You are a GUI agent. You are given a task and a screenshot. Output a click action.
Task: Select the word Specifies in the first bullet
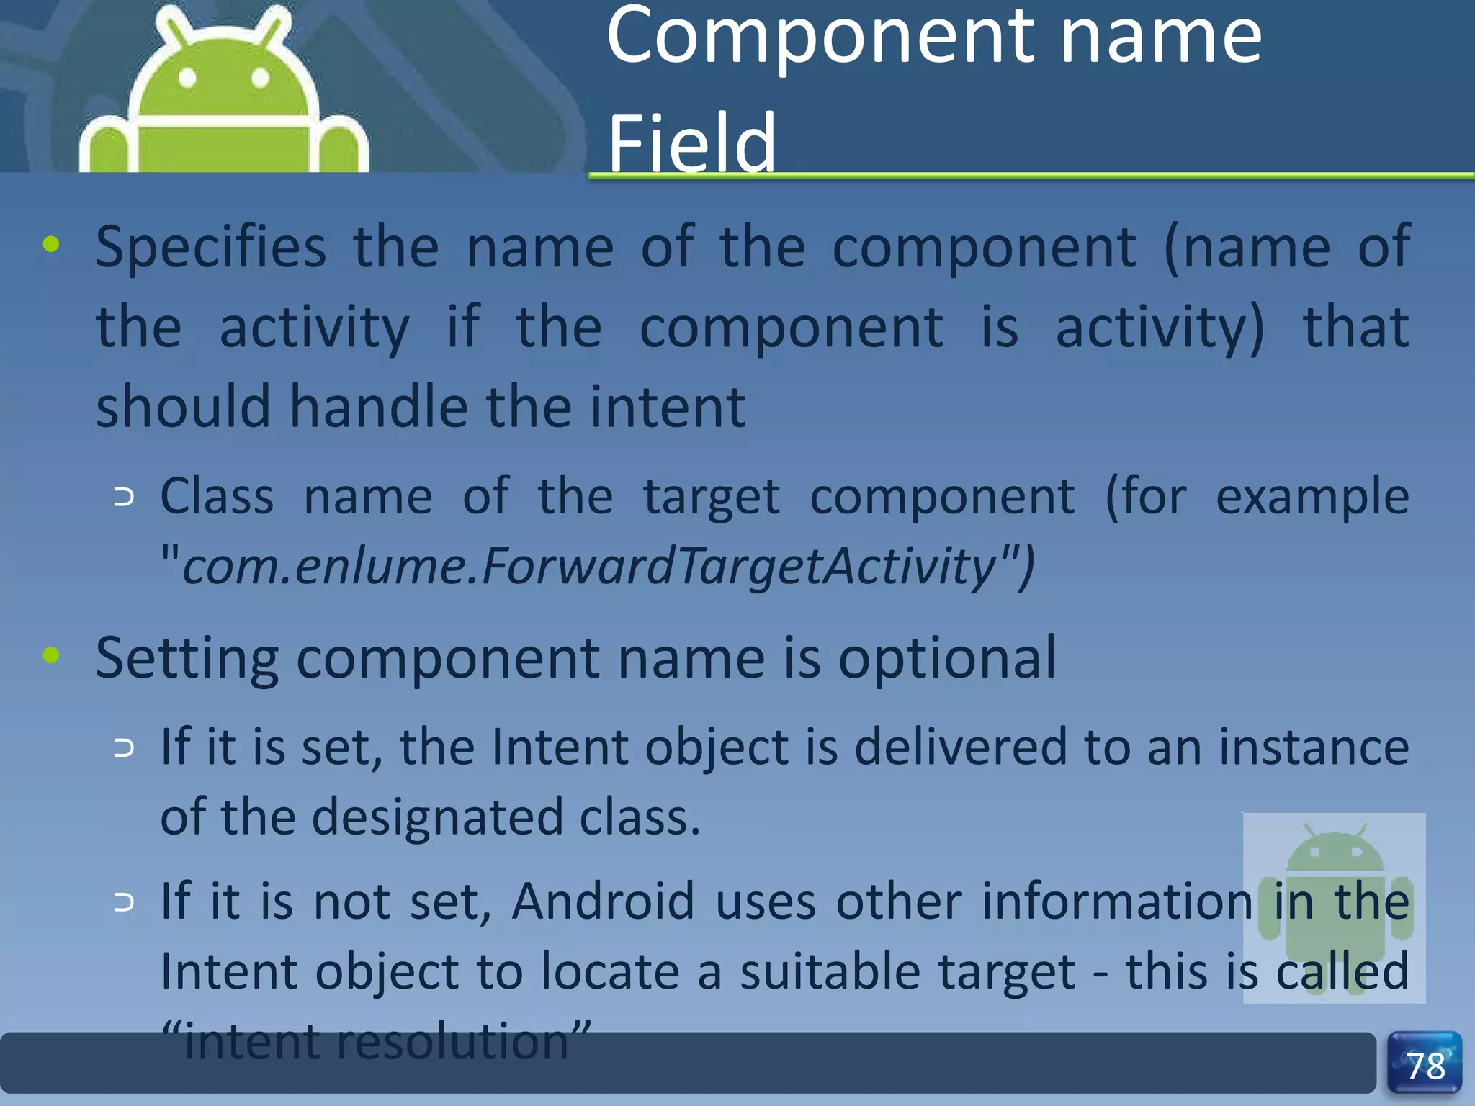pos(211,248)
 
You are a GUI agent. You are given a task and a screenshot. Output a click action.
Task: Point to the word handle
pos(386,407)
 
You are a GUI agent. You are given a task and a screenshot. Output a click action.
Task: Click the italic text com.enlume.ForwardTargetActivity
pos(590,566)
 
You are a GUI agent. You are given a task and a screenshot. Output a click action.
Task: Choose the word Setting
pos(187,659)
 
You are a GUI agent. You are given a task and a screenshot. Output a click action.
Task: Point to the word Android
pos(603,901)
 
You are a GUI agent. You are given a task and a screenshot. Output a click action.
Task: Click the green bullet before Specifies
pos(51,245)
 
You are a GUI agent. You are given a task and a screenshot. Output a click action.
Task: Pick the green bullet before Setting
pos(51,655)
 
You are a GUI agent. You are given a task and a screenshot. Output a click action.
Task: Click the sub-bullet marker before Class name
pos(124,497)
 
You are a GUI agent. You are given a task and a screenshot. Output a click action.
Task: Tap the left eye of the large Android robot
pos(187,78)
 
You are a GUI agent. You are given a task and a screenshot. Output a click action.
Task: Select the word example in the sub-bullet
pos(1312,498)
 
